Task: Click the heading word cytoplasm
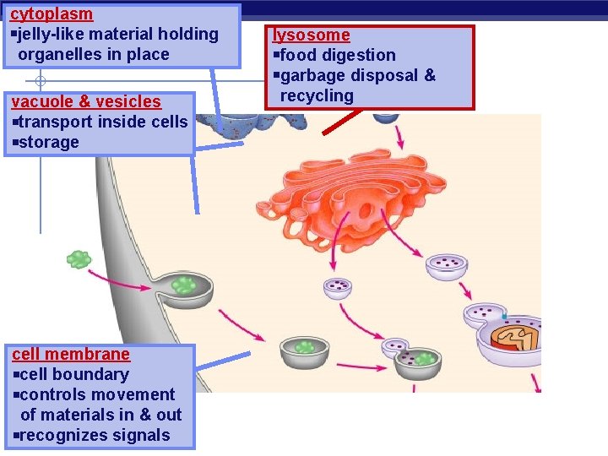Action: (x=52, y=14)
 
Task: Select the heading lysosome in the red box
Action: (x=311, y=35)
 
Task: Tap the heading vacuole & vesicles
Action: (x=85, y=101)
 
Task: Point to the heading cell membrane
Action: (x=71, y=354)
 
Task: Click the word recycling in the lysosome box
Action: (x=317, y=96)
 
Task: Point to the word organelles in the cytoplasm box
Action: (x=60, y=55)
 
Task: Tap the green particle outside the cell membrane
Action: (x=79, y=259)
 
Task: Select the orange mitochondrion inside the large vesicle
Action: (x=518, y=338)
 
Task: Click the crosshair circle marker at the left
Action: (x=40, y=82)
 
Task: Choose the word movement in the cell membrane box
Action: (x=135, y=394)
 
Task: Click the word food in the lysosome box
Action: (x=296, y=56)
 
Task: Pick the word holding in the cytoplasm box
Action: (x=187, y=35)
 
